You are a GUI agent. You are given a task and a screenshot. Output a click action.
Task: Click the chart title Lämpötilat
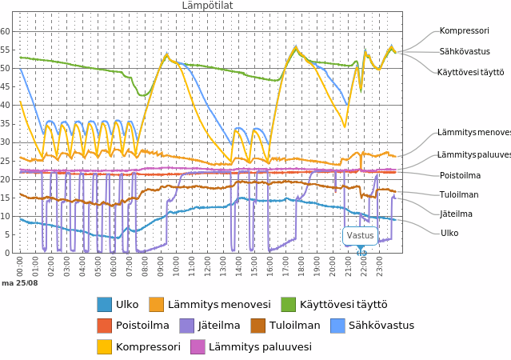click(x=207, y=6)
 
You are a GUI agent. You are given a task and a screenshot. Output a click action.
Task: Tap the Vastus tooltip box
click(x=360, y=235)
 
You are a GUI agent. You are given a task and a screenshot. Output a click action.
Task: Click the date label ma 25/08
click(x=19, y=283)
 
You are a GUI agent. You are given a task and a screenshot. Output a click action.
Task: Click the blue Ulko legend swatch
click(x=104, y=304)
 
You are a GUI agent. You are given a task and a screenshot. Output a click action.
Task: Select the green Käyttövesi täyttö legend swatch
click(x=288, y=304)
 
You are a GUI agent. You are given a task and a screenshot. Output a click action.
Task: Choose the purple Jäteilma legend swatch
click(x=186, y=326)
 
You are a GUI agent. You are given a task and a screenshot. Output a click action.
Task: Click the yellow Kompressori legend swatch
click(x=104, y=347)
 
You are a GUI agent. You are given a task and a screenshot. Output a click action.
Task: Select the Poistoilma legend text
click(x=142, y=326)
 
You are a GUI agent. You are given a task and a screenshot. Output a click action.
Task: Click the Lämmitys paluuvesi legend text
click(x=260, y=347)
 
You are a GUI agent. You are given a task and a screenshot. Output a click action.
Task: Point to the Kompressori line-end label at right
click(x=464, y=31)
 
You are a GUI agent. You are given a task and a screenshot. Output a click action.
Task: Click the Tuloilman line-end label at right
click(x=459, y=194)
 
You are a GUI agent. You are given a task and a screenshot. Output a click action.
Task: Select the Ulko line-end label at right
click(x=449, y=233)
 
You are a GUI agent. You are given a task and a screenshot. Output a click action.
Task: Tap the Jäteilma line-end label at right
click(x=456, y=214)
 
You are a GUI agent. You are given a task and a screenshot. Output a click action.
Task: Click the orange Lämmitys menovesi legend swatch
click(x=156, y=304)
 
